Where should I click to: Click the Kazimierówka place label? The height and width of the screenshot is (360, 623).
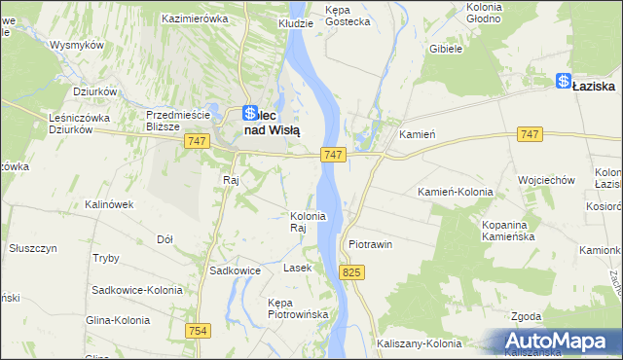pos(195,18)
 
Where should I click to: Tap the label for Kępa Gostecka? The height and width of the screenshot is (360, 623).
pos(348,15)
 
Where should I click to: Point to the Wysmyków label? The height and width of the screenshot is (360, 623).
pos(77,46)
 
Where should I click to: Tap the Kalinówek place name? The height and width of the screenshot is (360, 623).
pos(108,204)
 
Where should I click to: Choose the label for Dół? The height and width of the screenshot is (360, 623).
pos(165,238)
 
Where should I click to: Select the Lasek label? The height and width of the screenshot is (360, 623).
pos(297,267)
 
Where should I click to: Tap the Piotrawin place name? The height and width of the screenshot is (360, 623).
pos(370,244)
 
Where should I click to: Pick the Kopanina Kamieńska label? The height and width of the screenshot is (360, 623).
pos(511,231)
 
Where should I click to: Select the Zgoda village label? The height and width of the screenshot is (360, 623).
pos(527,316)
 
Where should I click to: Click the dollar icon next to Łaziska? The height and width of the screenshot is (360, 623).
pos(563,83)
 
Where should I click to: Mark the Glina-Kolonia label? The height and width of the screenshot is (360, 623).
pos(117,320)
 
